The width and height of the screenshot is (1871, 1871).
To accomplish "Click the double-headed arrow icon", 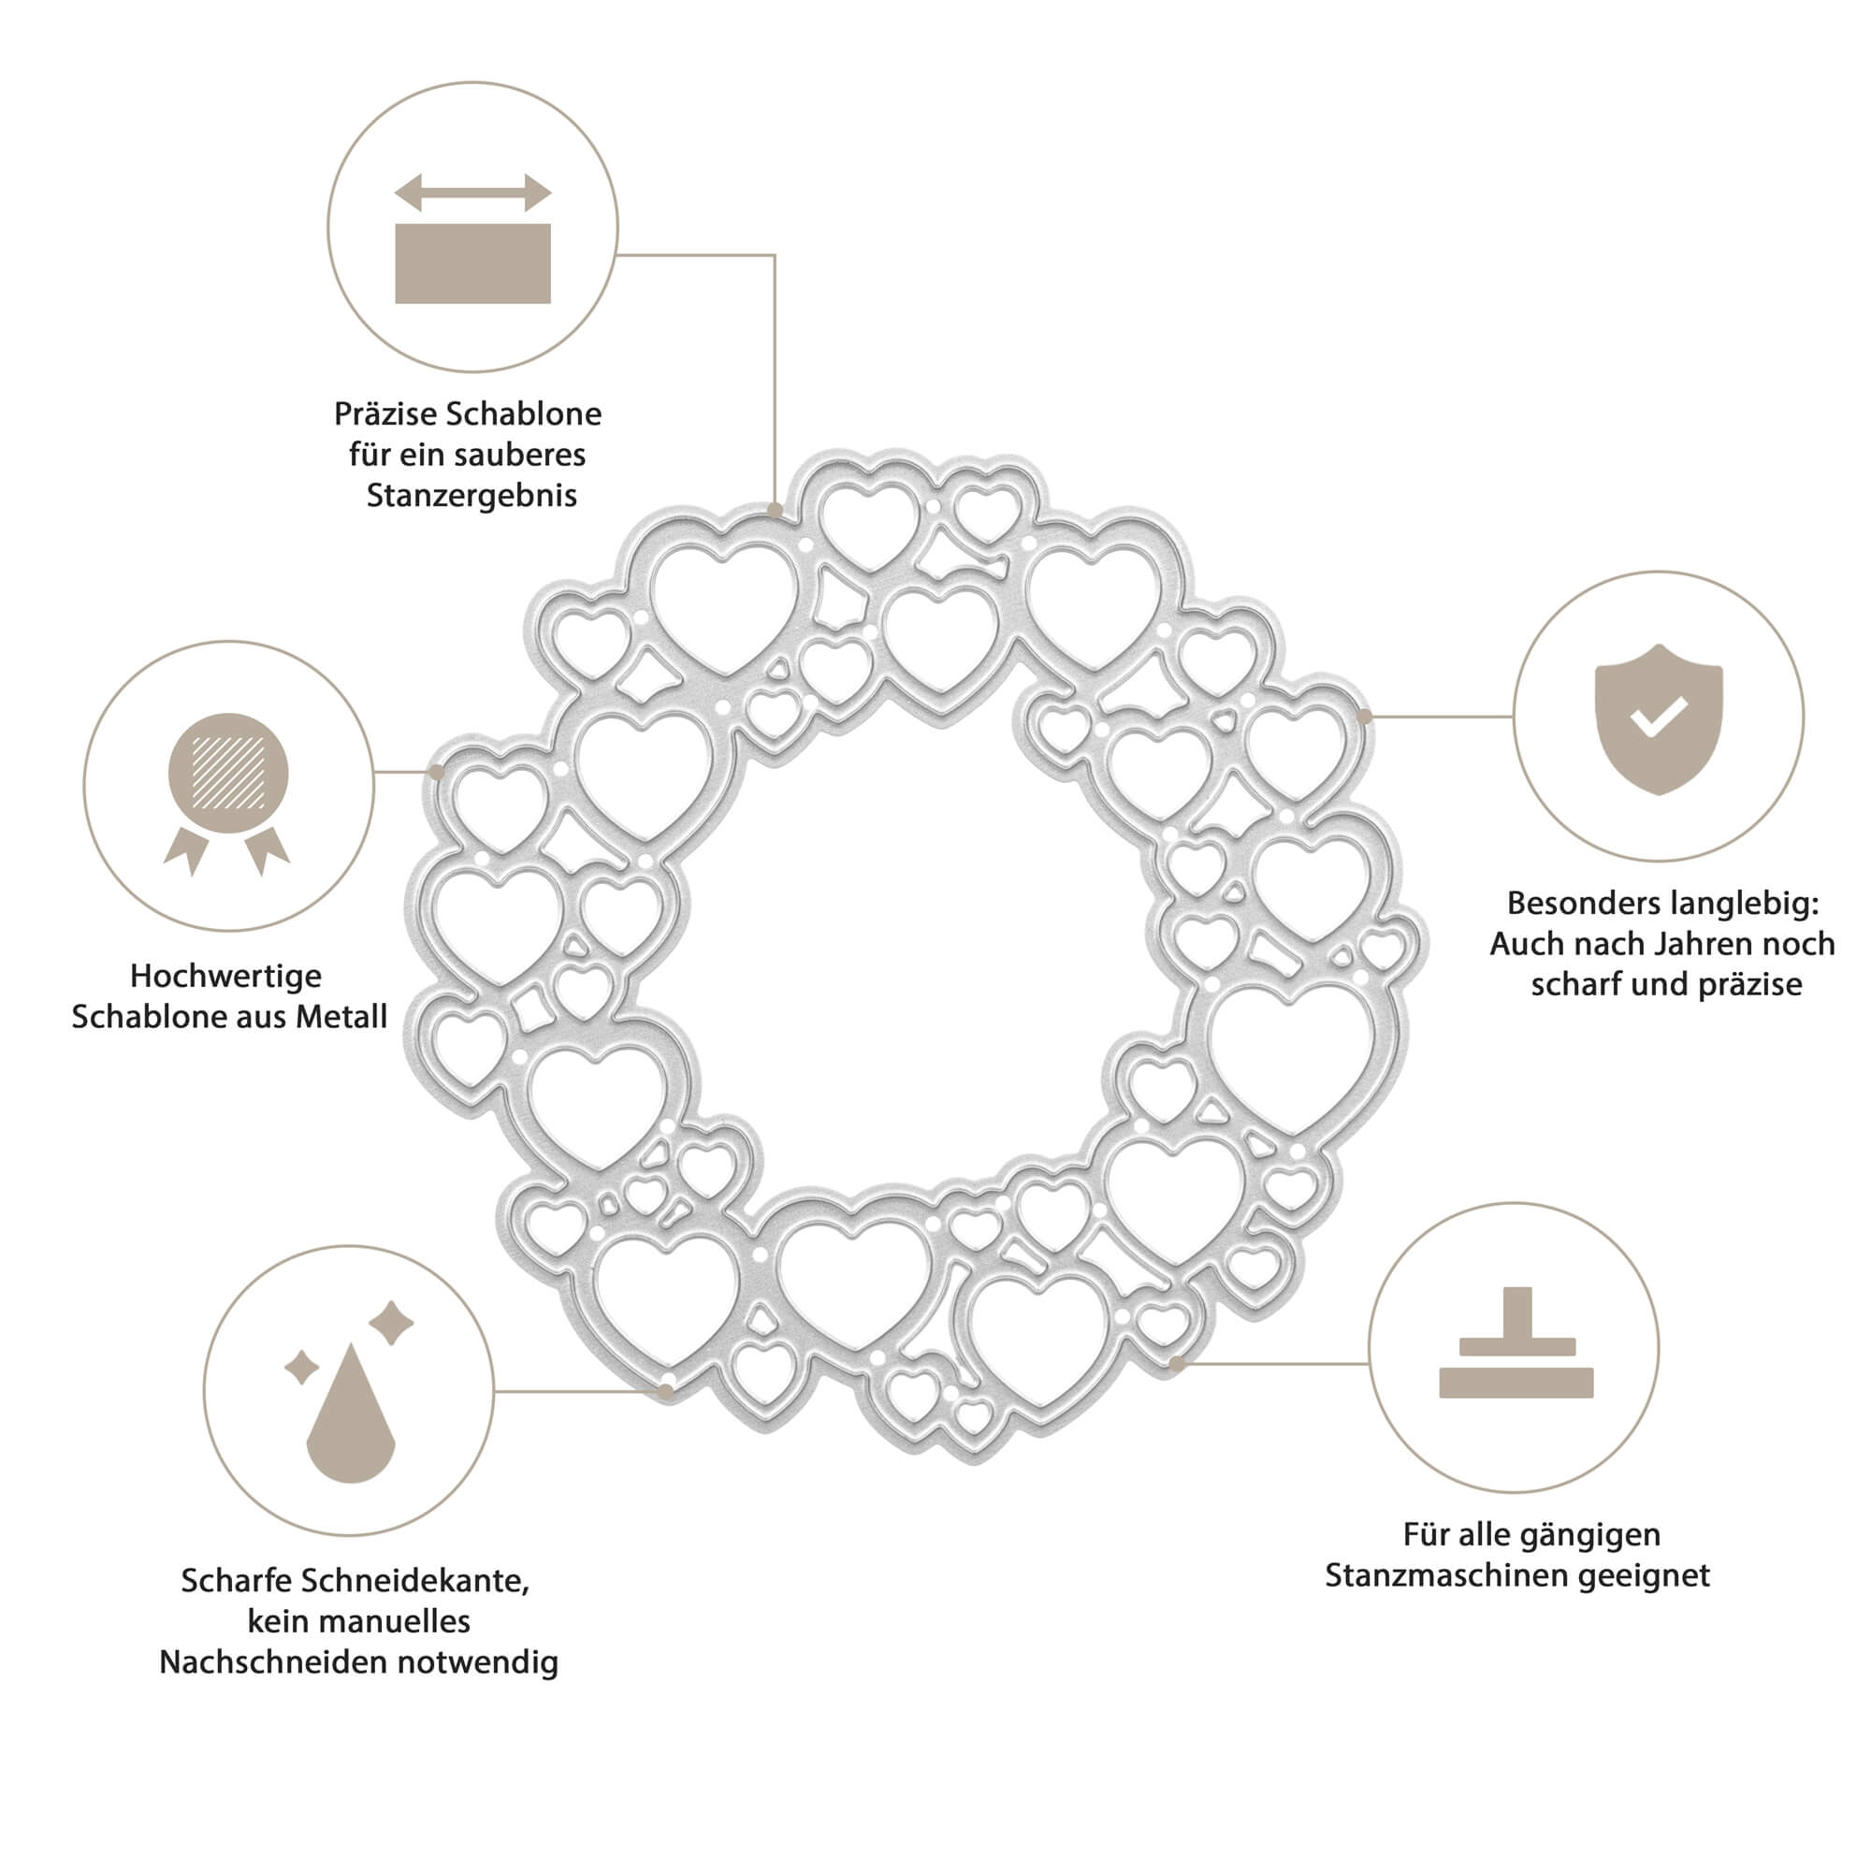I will coord(472,192).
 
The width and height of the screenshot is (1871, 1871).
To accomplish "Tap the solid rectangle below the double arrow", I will coord(472,264).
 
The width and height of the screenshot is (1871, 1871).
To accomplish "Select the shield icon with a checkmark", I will coord(1658,718).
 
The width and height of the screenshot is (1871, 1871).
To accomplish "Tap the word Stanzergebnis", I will coord(471,496).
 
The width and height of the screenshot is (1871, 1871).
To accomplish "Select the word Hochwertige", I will coord(225,975).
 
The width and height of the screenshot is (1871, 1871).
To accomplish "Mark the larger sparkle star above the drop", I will coord(391,1324).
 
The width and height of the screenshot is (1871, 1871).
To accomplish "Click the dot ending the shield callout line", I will coord(1365,717).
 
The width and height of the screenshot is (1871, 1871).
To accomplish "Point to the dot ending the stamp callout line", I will coord(1177,1364).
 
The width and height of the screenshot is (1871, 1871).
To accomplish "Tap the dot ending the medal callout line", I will coord(436,772).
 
